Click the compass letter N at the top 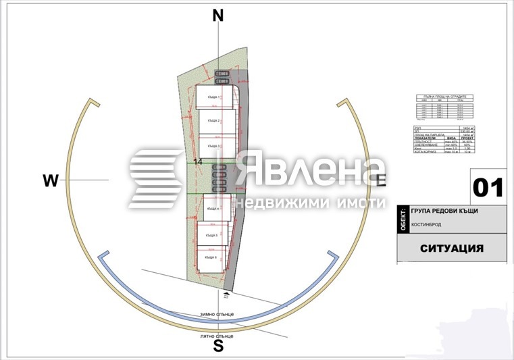click(217, 16)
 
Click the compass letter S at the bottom click(218, 346)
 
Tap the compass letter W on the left click(51, 180)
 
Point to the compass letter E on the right click(380, 180)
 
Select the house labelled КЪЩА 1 click(215, 99)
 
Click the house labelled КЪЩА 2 click(215, 121)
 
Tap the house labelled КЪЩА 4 click(212, 208)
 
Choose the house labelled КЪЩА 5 click(212, 234)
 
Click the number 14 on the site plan click(198, 162)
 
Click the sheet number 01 click(488, 187)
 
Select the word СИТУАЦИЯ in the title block click(452, 248)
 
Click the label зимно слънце click(216, 314)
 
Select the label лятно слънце click(217, 336)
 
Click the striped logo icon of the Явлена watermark click(156, 179)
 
